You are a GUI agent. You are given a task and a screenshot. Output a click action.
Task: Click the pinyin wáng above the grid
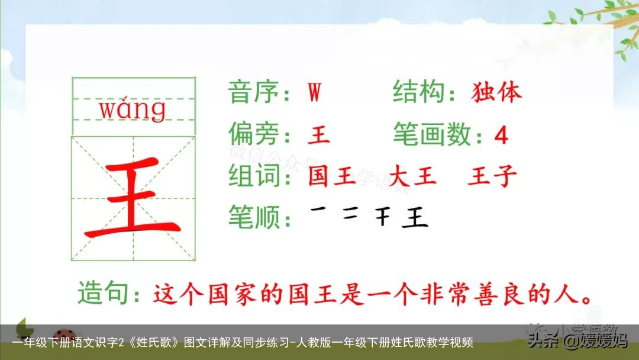133,110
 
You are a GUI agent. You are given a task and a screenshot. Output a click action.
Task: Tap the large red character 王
134,198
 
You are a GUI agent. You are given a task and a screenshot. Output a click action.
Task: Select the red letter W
314,93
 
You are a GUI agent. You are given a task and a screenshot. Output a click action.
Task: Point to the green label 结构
419,93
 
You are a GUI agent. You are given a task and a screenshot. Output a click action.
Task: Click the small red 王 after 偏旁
318,136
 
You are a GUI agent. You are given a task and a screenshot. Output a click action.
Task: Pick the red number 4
501,136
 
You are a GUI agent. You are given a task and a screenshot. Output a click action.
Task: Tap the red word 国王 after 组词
332,176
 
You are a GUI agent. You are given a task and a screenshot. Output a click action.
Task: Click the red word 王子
492,176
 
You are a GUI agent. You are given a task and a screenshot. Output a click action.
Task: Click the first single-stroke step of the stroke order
319,210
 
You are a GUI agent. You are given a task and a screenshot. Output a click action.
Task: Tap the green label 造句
104,294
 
